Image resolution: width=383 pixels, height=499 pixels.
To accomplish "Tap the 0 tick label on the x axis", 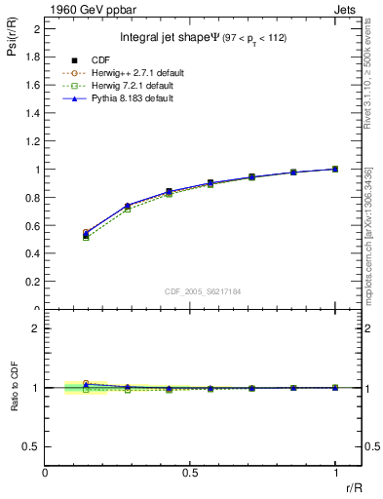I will (46, 474).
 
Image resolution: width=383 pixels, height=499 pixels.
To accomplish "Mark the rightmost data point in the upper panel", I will (335, 169).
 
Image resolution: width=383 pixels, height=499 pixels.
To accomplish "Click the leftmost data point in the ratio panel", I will (86, 385).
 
